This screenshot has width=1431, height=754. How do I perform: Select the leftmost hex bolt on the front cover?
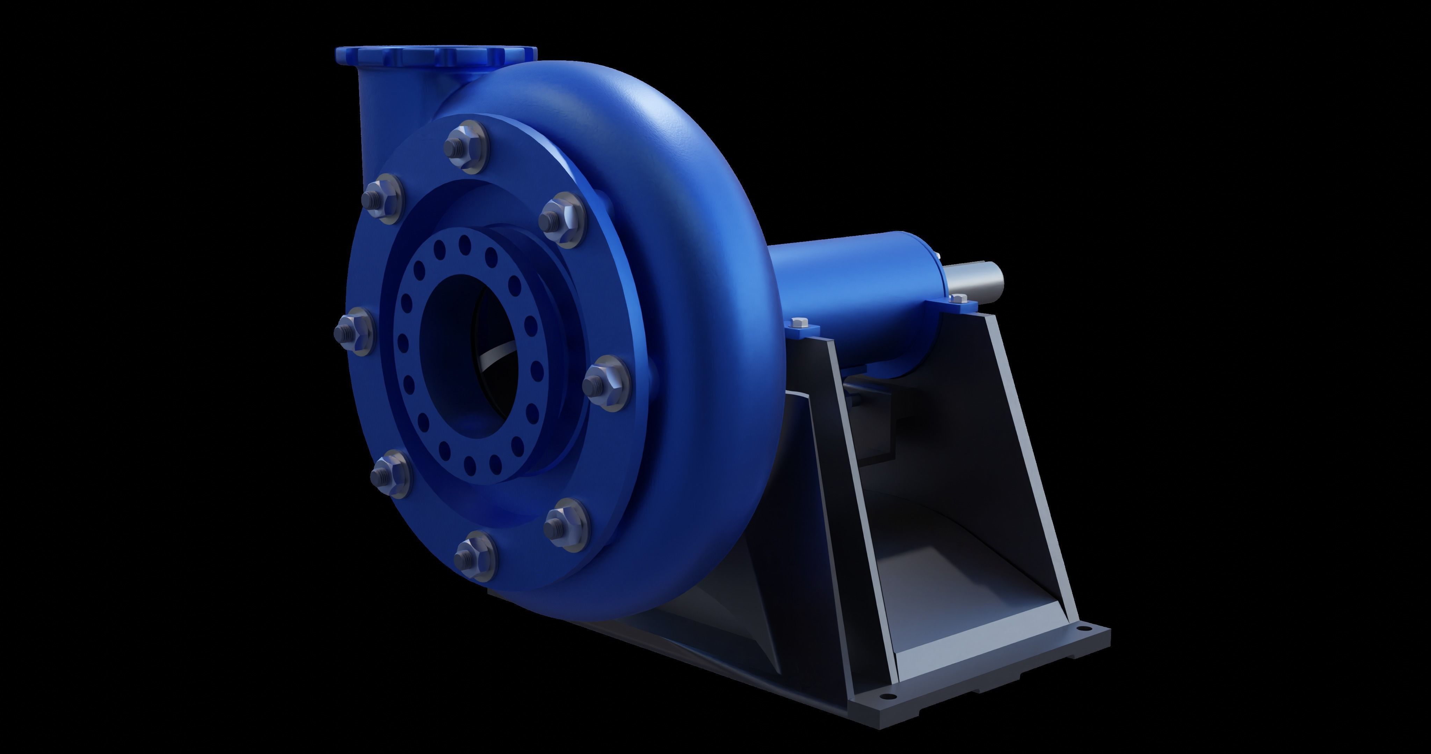353,332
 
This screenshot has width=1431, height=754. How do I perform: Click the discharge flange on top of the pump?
436,54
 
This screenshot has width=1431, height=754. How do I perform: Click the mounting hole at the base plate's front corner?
887,696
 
